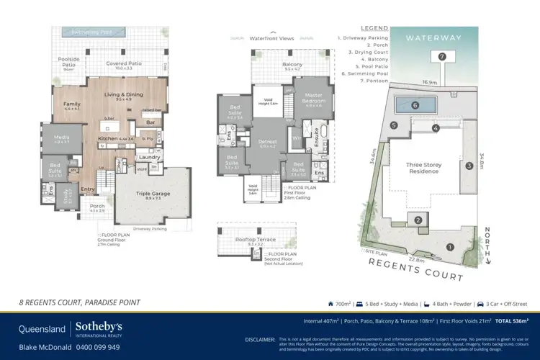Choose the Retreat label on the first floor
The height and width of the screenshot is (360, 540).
(267, 142)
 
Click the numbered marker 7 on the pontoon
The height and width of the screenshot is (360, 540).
(442, 56)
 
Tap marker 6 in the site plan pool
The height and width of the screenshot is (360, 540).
(415, 105)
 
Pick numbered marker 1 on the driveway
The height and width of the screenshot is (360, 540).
(451, 247)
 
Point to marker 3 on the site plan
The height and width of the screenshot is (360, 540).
(468, 166)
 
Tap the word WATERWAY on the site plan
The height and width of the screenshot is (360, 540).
(433, 37)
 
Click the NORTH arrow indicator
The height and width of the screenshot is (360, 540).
(487, 245)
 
